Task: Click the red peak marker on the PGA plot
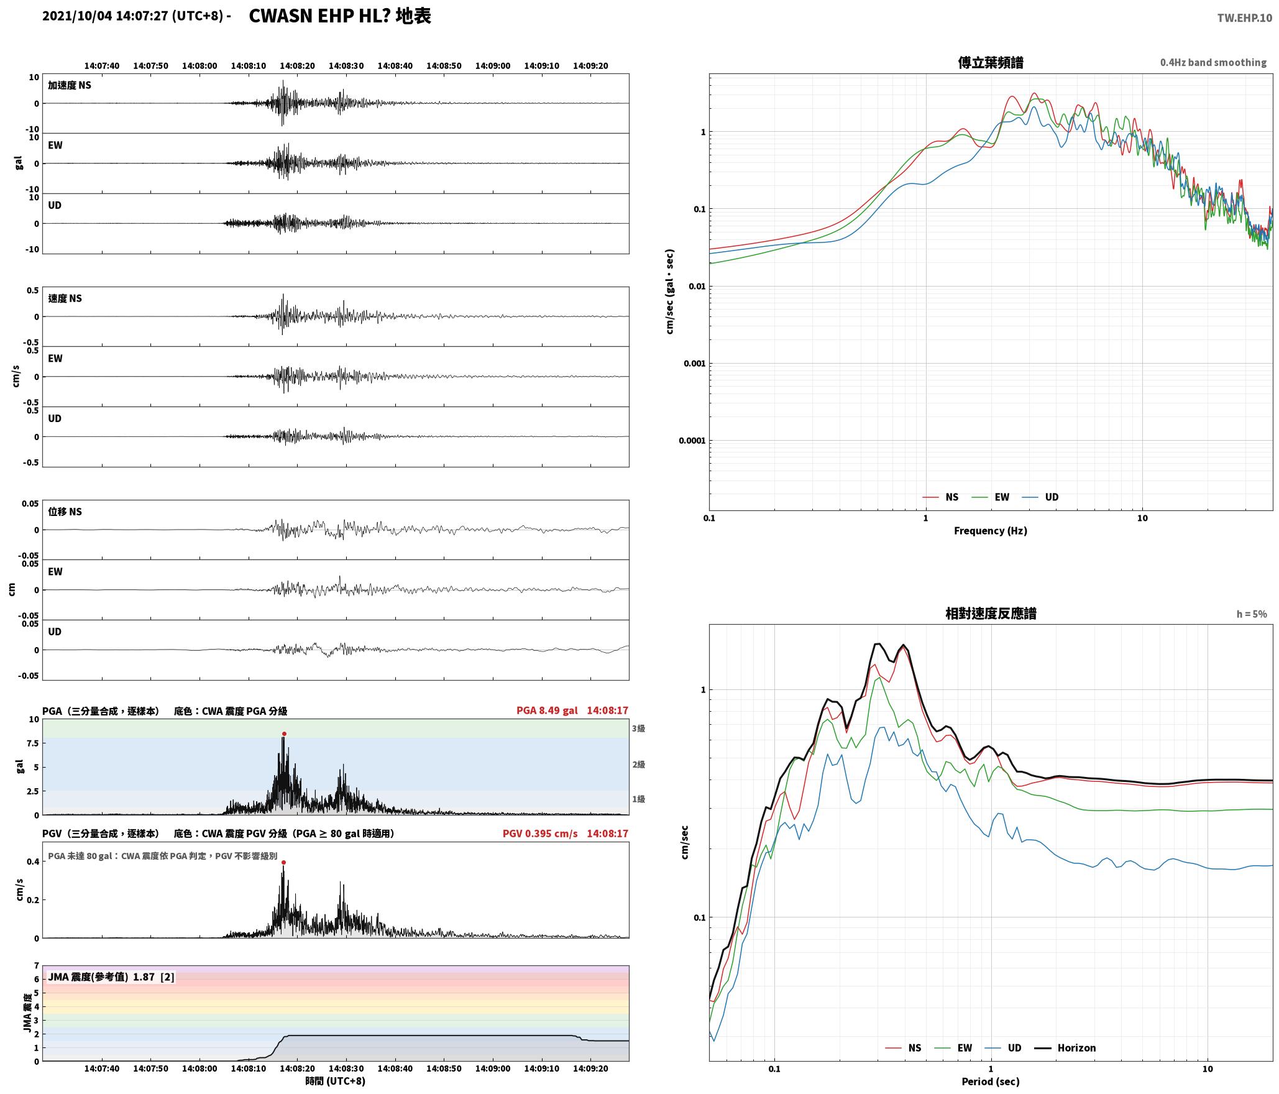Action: pos(284,734)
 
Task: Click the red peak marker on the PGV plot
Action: pos(283,862)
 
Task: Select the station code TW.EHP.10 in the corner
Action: pos(1244,18)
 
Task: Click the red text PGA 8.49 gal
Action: pos(547,710)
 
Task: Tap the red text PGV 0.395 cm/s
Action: pos(540,834)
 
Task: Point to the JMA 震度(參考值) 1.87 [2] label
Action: pos(111,977)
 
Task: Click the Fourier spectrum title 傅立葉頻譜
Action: pos(991,62)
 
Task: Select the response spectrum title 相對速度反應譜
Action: pos(991,613)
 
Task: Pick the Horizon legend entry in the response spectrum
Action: pos(1065,1047)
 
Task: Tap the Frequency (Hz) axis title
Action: pos(991,530)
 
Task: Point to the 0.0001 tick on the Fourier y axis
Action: pos(692,441)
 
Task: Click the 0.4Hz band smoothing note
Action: pos(1213,62)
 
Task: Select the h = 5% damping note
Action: pos(1252,614)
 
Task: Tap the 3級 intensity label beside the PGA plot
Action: pos(638,729)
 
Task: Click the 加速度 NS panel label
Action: pos(70,85)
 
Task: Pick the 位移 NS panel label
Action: pos(65,512)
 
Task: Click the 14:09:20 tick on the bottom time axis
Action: pos(590,1069)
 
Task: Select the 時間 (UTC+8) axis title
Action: pos(335,1081)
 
